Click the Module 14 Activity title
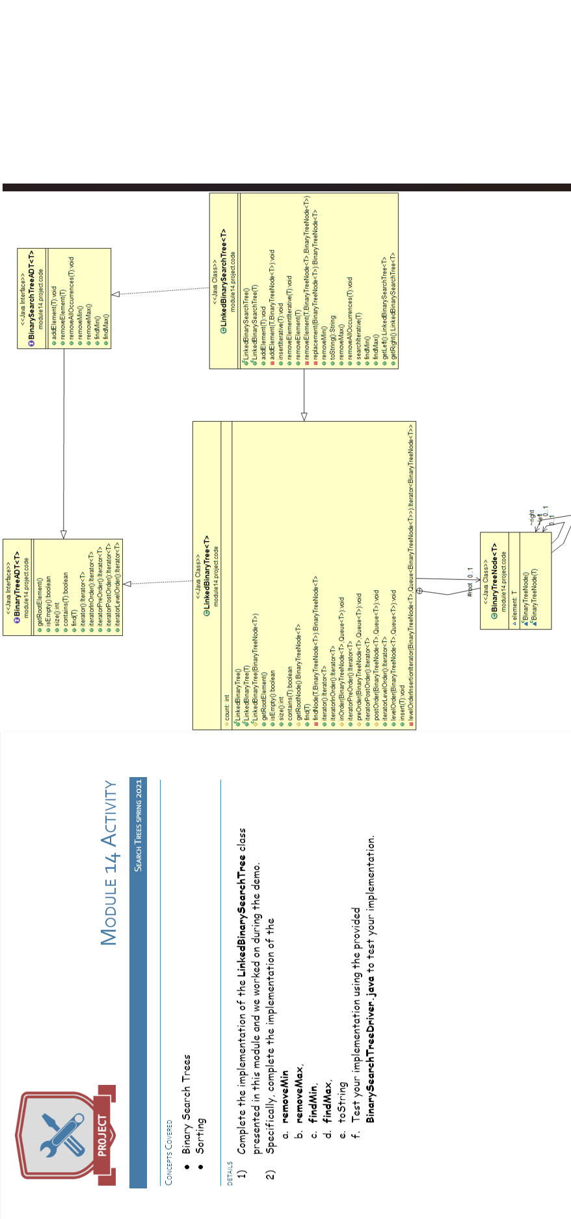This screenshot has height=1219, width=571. [110, 862]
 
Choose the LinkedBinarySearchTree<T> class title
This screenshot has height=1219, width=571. [224, 281]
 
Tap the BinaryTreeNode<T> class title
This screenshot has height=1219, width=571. [494, 581]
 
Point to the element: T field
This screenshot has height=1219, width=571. [514, 609]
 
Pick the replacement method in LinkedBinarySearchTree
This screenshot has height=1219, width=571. [315, 287]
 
